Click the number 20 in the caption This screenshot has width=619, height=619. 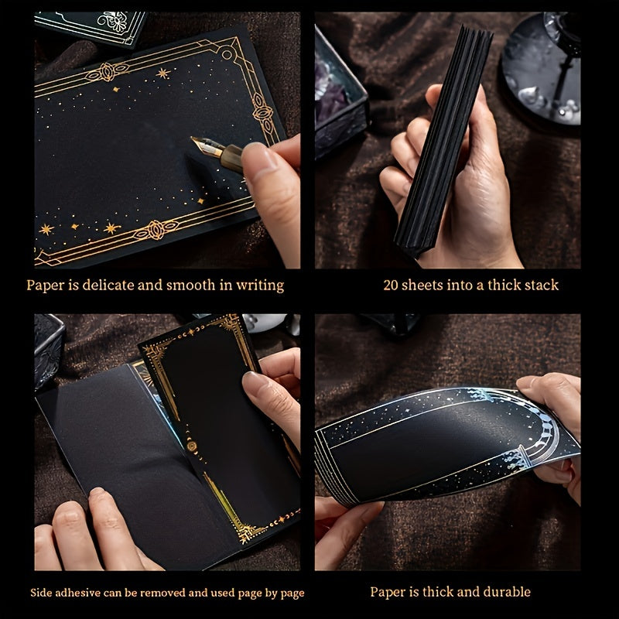(391, 285)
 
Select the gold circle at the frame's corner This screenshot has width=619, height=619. (227, 53)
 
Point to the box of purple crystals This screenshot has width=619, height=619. (340, 94)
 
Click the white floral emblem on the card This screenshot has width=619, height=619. (113, 20)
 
